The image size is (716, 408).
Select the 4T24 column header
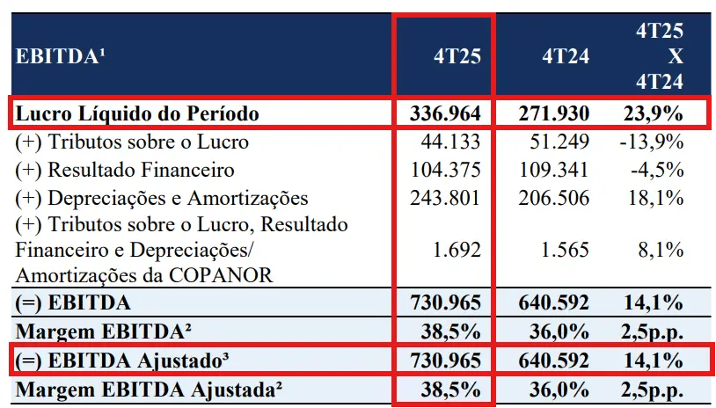click(x=566, y=57)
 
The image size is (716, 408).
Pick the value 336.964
click(x=445, y=113)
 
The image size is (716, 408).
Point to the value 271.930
click(x=553, y=113)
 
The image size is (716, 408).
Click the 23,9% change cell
click(x=654, y=113)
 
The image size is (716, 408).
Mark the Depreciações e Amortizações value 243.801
click(x=445, y=198)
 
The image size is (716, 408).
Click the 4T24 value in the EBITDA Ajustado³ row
click(x=553, y=361)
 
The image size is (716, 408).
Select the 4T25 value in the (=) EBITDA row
click(x=445, y=303)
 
